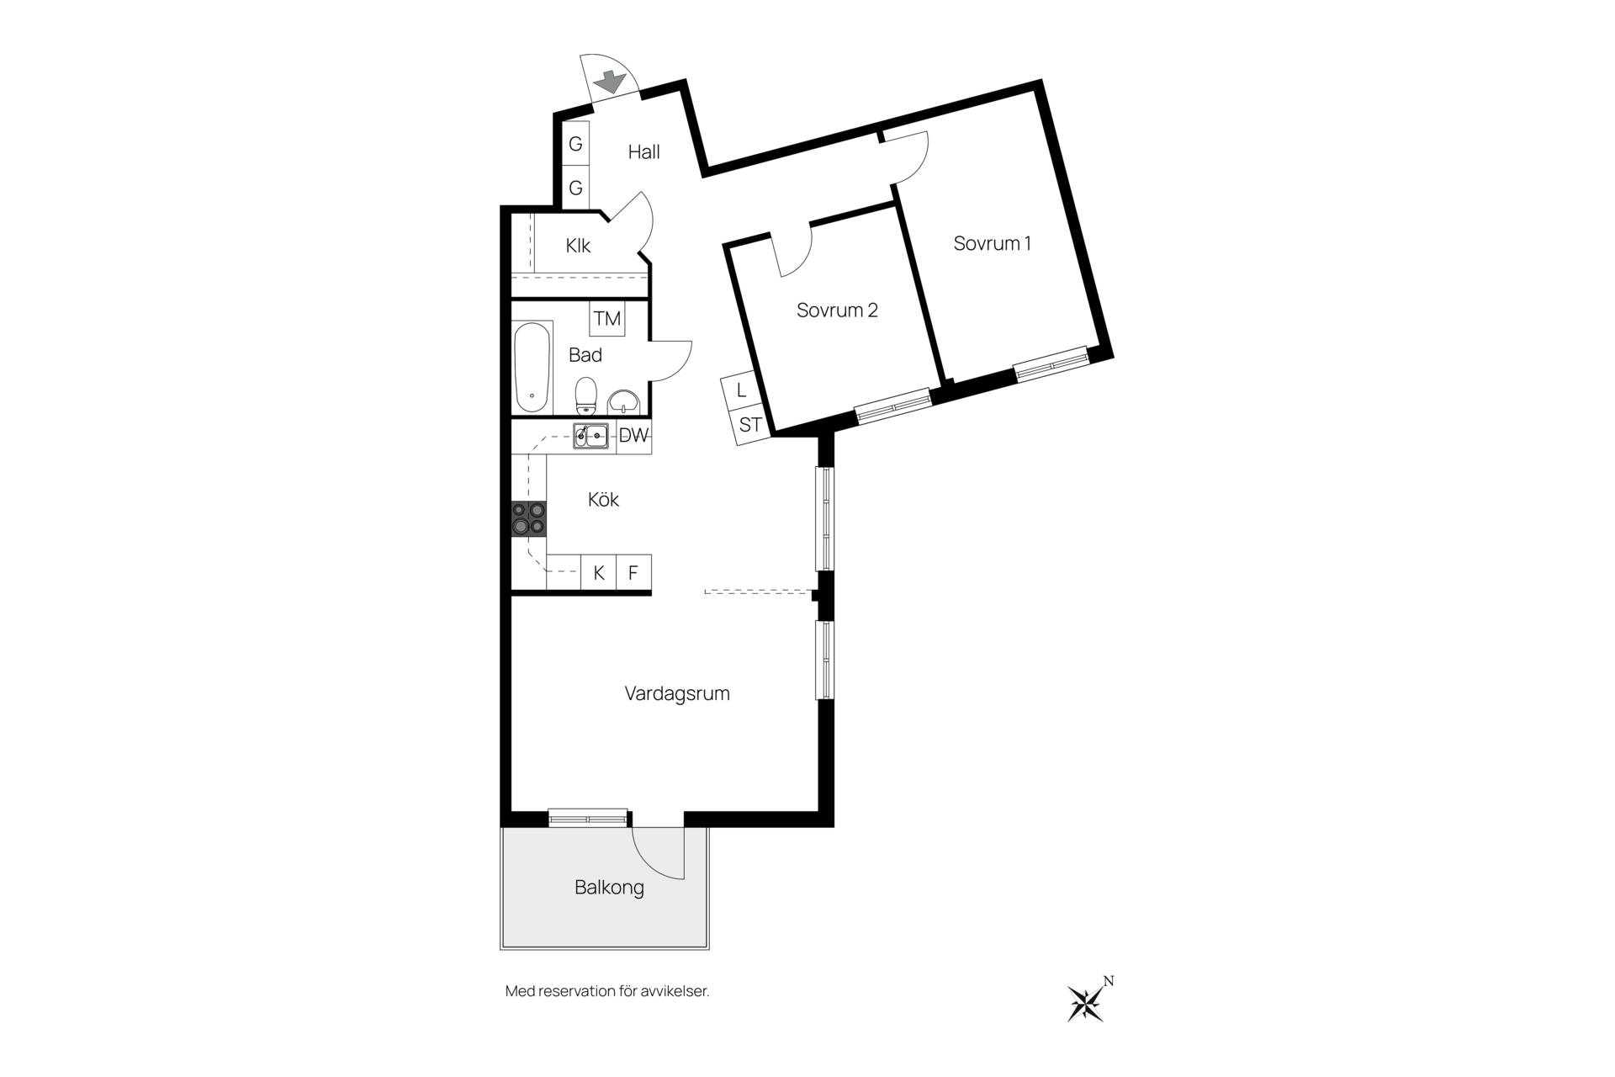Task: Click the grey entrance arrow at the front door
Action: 610,82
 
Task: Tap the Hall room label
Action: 644,152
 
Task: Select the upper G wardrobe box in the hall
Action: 575,144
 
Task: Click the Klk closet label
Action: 578,246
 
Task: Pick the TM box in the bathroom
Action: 607,319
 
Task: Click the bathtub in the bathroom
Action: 532,367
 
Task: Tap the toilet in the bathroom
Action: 586,395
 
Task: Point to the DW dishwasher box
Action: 634,436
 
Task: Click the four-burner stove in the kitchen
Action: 529,518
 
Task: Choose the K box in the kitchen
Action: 599,573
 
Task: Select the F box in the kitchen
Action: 634,573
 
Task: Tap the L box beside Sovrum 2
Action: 741,390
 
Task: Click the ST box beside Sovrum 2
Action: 750,425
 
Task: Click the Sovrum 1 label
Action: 993,243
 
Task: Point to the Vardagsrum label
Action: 677,694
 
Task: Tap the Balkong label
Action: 610,888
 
